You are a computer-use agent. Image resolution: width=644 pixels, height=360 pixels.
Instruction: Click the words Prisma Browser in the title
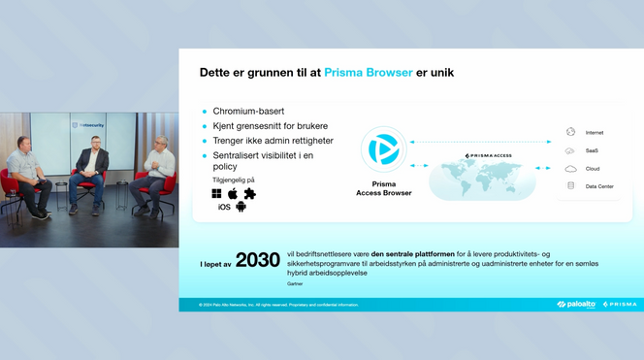point(369,72)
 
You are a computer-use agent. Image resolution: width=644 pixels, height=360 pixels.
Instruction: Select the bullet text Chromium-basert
point(247,112)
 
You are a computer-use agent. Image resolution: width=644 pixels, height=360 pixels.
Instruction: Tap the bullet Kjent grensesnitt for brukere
point(270,126)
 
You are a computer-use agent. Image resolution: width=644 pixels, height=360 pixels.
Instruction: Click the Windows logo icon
point(216,193)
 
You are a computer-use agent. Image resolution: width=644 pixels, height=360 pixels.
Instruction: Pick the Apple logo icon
point(233,193)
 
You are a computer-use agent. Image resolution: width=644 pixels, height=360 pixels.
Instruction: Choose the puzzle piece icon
point(249,193)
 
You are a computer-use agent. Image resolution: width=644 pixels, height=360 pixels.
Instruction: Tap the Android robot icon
point(241,206)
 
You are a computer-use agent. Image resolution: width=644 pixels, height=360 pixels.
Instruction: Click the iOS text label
point(224,207)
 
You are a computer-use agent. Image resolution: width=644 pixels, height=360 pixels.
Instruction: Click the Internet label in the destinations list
point(595,132)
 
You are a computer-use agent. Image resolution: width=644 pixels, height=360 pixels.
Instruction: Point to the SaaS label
point(592,150)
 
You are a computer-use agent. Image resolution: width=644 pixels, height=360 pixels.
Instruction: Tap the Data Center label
point(599,185)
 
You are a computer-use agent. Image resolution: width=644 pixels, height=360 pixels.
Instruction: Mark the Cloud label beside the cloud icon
point(593,168)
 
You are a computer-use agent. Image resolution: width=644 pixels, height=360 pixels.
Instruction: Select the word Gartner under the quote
point(295,284)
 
